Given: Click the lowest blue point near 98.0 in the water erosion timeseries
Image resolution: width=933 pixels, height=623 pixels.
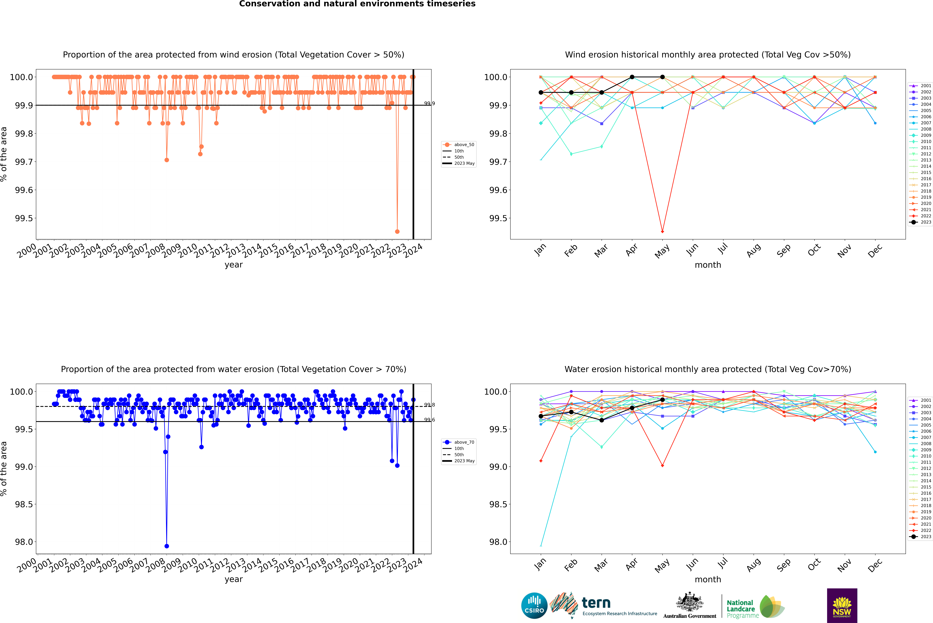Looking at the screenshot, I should (167, 546).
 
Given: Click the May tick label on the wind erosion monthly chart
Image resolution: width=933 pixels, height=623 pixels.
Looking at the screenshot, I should (662, 251).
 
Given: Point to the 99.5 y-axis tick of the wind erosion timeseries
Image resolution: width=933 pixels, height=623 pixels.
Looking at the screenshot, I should (24, 218).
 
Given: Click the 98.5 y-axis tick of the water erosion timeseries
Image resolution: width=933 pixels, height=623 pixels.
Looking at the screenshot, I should (24, 504).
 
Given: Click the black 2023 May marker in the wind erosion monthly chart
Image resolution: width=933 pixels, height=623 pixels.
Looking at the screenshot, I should (662, 77).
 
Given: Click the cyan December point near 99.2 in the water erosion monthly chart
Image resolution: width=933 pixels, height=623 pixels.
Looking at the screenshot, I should (875, 452).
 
